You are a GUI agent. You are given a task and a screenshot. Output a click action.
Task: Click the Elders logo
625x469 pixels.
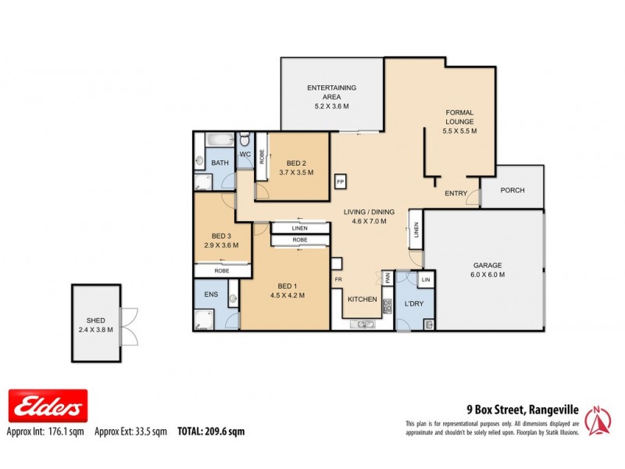48,406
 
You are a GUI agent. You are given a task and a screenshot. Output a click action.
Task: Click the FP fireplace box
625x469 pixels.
340,181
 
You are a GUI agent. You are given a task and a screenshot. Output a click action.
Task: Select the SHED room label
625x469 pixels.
95,320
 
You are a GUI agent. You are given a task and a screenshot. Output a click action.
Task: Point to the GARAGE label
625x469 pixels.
487,265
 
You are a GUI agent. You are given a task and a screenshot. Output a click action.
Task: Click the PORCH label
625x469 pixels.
512,191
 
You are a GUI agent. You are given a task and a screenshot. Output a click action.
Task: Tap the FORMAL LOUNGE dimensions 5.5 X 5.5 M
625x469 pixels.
459,131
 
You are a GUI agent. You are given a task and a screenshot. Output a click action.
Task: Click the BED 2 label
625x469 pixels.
295,163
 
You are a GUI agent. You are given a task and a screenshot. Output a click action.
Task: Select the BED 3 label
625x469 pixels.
222,236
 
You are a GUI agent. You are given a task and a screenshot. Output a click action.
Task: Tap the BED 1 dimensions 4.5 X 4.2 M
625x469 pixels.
287,295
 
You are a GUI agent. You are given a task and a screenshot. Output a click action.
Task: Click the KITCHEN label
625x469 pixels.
362,299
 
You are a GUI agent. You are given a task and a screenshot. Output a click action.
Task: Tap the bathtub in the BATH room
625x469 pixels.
218,141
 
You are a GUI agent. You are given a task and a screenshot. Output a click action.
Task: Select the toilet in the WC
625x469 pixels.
245,141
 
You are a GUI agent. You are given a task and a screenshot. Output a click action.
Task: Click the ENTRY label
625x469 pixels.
455,193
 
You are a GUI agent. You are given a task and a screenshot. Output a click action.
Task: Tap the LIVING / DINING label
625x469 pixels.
369,212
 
